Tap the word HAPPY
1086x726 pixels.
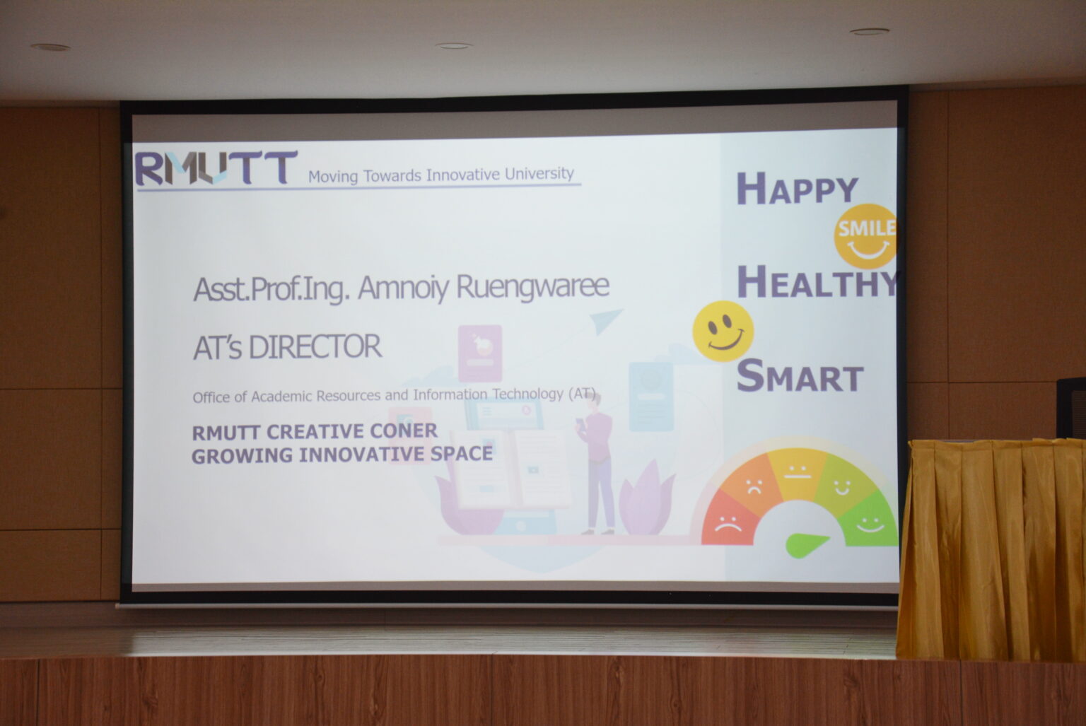click(x=798, y=189)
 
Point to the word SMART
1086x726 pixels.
click(x=800, y=375)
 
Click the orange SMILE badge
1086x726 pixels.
click(x=865, y=236)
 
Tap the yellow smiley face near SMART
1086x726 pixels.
click(x=723, y=331)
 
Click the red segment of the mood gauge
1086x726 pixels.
click(x=729, y=520)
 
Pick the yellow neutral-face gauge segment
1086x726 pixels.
click(x=798, y=472)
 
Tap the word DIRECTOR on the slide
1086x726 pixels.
click(x=315, y=347)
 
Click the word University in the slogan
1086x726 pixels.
click(x=539, y=173)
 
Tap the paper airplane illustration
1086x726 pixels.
click(x=606, y=320)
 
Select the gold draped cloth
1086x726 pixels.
click(x=991, y=549)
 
